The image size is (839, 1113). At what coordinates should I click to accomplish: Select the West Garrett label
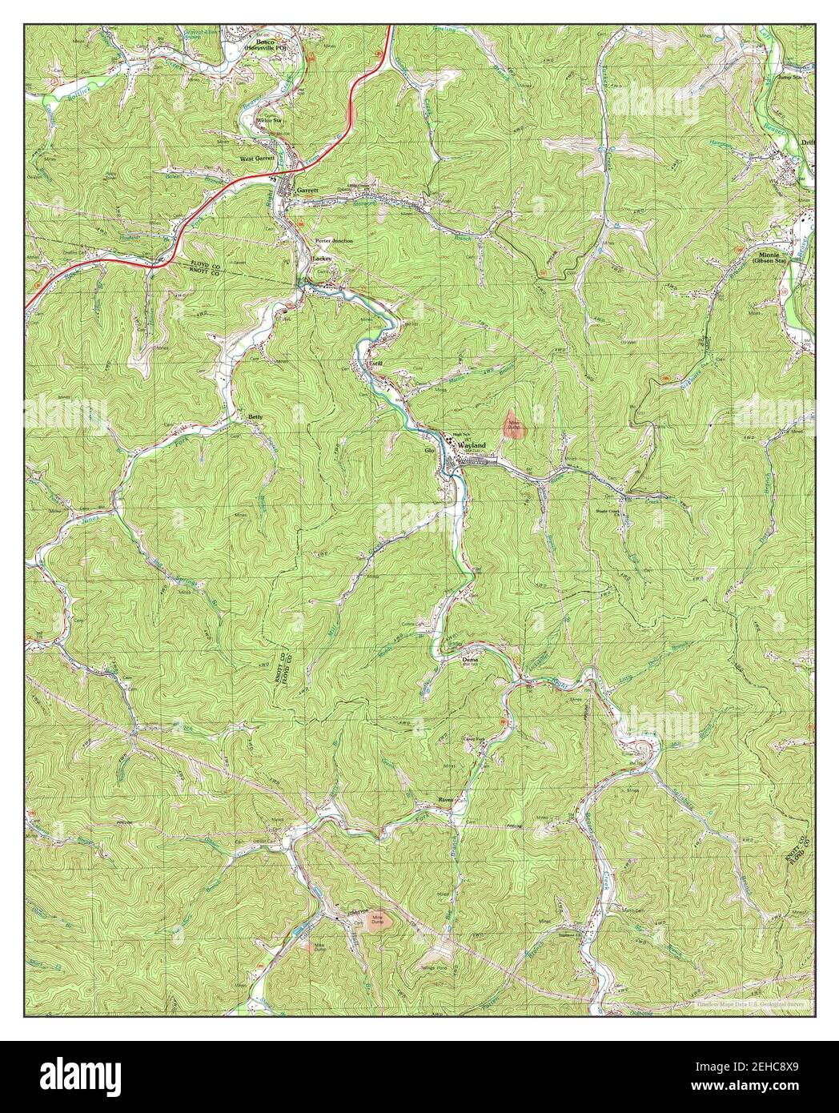(x=257, y=159)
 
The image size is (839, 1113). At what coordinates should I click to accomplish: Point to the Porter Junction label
(x=334, y=240)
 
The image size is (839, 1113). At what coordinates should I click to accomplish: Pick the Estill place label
(x=374, y=363)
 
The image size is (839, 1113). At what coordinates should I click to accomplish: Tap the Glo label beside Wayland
(x=429, y=451)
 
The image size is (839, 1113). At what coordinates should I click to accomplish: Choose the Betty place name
(x=255, y=417)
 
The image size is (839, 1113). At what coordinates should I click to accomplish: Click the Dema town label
(x=470, y=660)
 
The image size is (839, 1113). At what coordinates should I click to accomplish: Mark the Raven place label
(x=445, y=800)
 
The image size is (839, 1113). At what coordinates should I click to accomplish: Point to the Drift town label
(x=806, y=143)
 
